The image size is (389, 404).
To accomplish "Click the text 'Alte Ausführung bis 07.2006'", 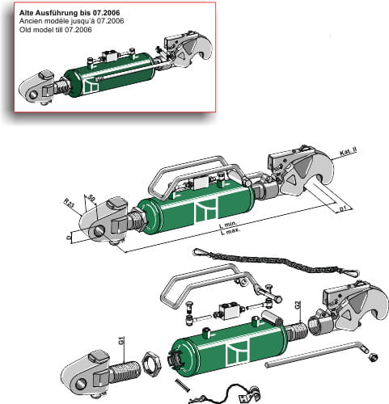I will click(x=64, y=13).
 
